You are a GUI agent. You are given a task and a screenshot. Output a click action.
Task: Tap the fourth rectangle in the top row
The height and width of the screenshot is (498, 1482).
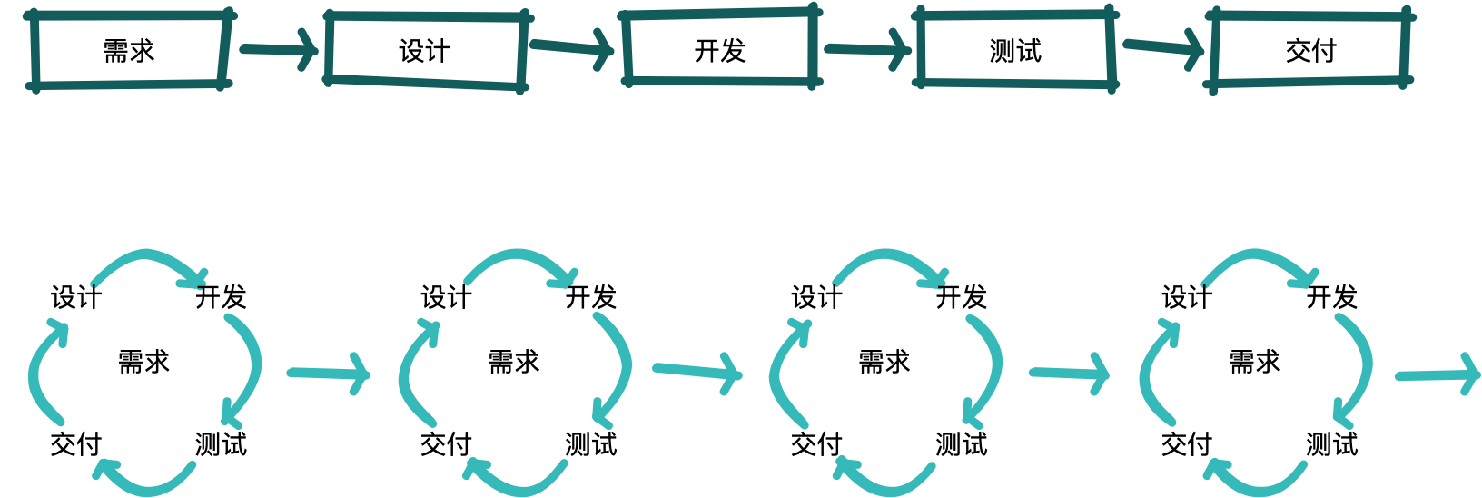coord(1015,50)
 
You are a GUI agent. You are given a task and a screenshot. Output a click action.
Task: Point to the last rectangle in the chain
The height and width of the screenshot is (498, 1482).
coord(1309,50)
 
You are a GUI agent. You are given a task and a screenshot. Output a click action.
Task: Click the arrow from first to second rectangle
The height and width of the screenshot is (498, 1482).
coord(279,50)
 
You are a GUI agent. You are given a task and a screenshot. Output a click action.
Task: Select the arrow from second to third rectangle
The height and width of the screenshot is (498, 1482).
coord(572,47)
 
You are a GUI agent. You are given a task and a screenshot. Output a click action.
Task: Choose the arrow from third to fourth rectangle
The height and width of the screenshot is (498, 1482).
coord(867,49)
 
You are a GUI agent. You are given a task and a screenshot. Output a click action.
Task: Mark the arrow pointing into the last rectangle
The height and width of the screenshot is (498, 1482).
coord(1164,48)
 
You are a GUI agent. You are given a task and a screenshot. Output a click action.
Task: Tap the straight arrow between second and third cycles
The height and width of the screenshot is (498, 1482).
coord(697,371)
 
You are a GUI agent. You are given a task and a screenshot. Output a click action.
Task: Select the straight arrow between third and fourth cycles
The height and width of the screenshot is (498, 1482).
coord(1069,373)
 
